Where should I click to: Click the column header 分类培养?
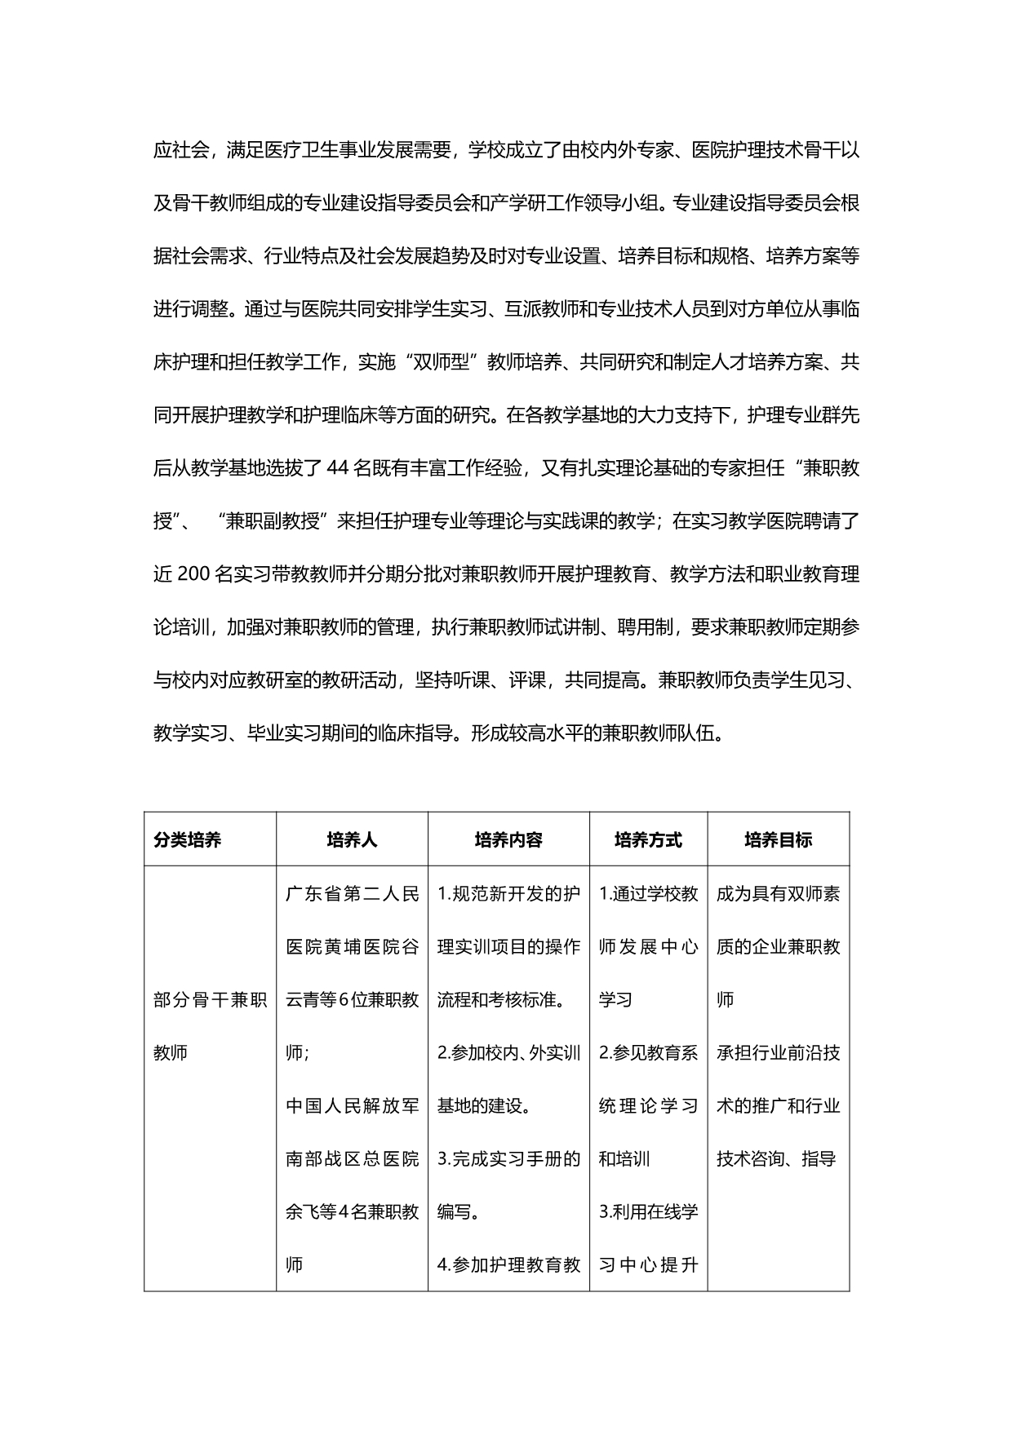[x=187, y=840]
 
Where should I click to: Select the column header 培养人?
[x=352, y=840]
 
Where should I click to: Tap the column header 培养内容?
[x=508, y=840]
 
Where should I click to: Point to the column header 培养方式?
[x=648, y=840]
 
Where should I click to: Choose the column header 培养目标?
[x=778, y=840]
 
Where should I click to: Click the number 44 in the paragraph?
[x=337, y=469]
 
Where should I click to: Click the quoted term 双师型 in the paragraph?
[x=441, y=363]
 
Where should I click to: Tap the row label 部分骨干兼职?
[x=211, y=1000]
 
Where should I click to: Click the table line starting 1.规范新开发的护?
[x=508, y=894]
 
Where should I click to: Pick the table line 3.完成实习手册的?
[x=508, y=1159]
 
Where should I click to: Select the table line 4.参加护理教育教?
[x=508, y=1265]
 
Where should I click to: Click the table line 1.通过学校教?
[x=648, y=894]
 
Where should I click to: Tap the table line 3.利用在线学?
[x=648, y=1212]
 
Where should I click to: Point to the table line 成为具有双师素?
[x=778, y=894]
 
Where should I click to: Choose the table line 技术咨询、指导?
[x=776, y=1159]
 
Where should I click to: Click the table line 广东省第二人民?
[x=352, y=894]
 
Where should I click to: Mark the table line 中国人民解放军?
[x=352, y=1106]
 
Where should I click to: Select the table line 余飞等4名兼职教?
[x=352, y=1212]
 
